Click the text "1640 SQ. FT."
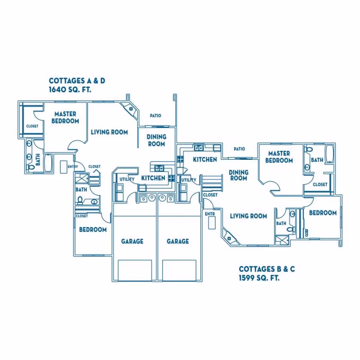(x=70, y=90)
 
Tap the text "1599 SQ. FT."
(x=259, y=278)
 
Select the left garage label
(x=132, y=241)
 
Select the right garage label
(x=178, y=241)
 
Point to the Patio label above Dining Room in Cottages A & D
(x=156, y=116)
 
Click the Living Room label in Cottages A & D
(x=109, y=132)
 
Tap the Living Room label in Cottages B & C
(x=248, y=216)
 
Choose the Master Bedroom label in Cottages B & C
(x=279, y=157)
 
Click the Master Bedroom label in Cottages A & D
(x=65, y=117)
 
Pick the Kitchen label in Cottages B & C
(x=205, y=160)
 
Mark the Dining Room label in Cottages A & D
(x=157, y=140)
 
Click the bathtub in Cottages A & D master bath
(x=48, y=163)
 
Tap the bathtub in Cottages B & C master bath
(x=329, y=154)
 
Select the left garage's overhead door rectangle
(x=135, y=270)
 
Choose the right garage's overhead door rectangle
(x=179, y=270)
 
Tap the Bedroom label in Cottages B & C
(x=323, y=213)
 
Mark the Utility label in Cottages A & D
(x=127, y=179)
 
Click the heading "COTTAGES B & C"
(x=267, y=269)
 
